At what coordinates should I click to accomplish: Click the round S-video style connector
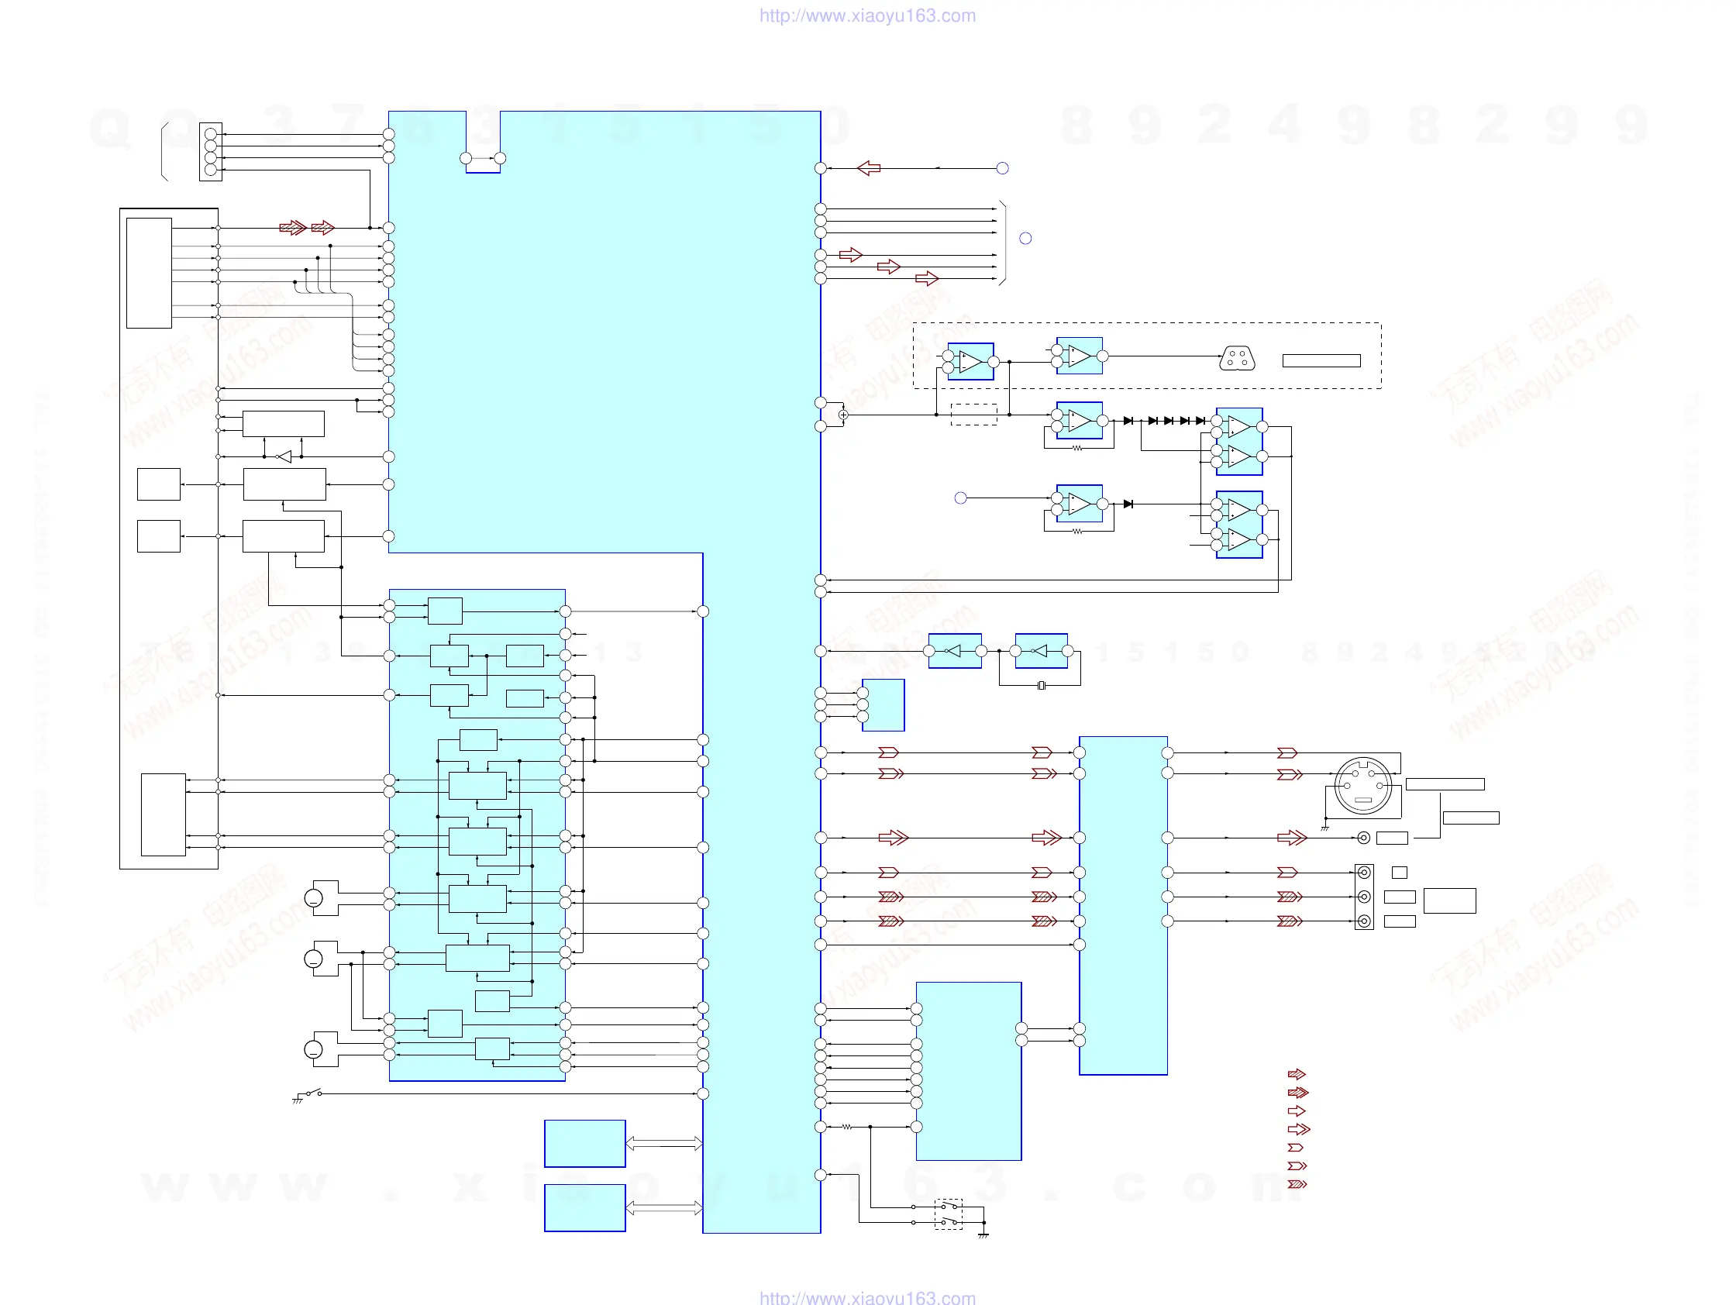click(x=1363, y=786)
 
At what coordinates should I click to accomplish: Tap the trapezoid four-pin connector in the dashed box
click(x=1237, y=359)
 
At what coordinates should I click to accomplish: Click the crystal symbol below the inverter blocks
click(x=1041, y=686)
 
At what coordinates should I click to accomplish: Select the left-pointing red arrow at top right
click(x=869, y=168)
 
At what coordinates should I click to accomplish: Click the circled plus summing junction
click(x=843, y=415)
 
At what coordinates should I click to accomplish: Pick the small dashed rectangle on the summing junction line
click(x=973, y=415)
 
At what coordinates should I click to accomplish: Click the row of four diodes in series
click(x=1176, y=421)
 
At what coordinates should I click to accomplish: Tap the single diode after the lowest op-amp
click(x=1128, y=504)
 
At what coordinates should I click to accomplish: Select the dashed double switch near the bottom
click(x=948, y=1214)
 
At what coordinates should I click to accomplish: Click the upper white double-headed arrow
click(x=664, y=1143)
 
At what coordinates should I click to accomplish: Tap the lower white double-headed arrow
click(x=664, y=1207)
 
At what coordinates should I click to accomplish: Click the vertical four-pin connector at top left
click(x=210, y=151)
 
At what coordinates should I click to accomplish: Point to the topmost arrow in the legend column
click(x=1297, y=1074)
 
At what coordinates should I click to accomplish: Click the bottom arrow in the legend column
click(x=1297, y=1184)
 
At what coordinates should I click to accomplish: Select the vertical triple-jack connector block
click(x=1364, y=897)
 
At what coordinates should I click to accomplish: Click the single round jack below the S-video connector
click(x=1364, y=838)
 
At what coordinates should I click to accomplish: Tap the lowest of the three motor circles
click(x=313, y=1050)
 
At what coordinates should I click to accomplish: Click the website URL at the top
click(x=867, y=15)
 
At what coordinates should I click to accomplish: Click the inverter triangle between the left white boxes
click(x=284, y=456)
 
